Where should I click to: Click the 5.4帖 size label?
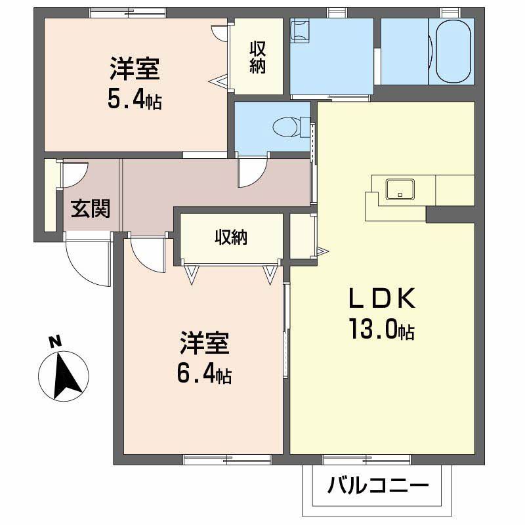click(135, 100)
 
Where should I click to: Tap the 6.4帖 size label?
click(203, 375)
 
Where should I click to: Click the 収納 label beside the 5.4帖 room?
click(257, 58)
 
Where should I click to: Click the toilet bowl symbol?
click(286, 125)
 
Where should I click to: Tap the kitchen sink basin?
click(400, 189)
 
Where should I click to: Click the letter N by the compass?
click(56, 341)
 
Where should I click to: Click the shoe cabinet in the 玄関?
click(50, 195)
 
